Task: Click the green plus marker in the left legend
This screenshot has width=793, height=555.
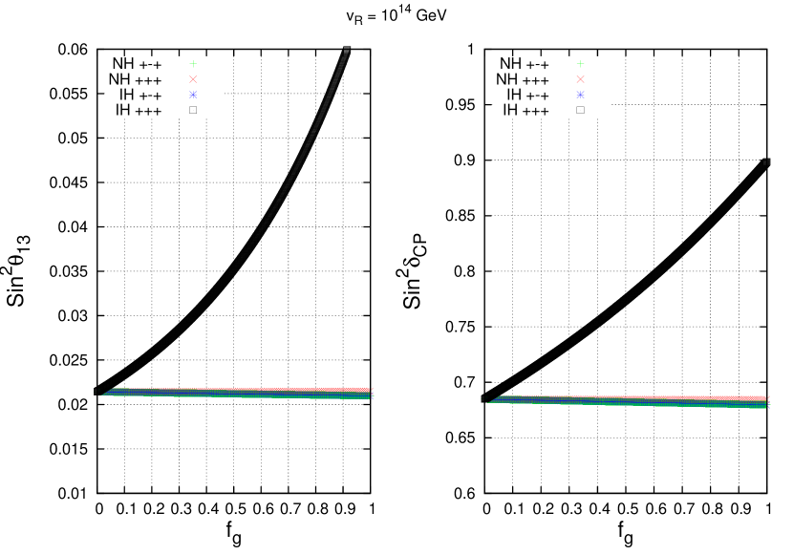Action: point(193,64)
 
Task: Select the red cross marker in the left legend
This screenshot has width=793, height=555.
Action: point(193,79)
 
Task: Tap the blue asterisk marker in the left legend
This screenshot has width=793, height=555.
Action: point(193,95)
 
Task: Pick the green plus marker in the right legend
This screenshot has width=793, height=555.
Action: point(580,64)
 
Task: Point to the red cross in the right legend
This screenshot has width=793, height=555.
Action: point(580,79)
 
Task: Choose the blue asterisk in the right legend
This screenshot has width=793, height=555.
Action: point(580,95)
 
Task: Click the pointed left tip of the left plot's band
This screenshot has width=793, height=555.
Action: point(103,394)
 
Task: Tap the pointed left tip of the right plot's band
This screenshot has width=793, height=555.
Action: point(489,401)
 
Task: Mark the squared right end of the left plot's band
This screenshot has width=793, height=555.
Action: point(369,394)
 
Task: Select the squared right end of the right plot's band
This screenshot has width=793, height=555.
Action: point(764,402)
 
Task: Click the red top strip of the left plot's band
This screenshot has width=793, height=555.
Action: point(287,389)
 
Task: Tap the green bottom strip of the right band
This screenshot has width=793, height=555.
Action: point(669,405)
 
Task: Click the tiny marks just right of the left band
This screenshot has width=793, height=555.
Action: point(373,393)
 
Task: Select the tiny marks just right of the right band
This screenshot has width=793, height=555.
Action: point(768,401)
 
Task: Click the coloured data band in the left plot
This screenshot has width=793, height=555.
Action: point(239,393)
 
